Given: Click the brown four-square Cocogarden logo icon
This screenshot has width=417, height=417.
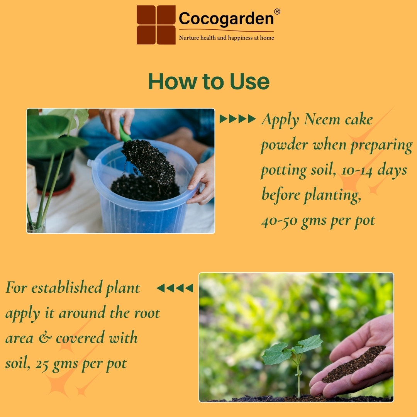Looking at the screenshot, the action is tap(156, 25).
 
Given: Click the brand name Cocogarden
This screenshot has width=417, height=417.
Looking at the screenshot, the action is tap(226, 19).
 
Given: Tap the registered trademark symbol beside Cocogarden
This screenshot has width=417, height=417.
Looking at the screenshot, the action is tap(277, 12).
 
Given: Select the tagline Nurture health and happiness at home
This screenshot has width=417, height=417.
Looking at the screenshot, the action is tap(227, 38).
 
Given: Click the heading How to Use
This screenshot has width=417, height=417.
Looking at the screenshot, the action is tap(209, 81).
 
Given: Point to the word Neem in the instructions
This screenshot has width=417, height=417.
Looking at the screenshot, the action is tap(322, 119).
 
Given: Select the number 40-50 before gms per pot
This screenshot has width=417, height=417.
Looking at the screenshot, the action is tap(279, 221).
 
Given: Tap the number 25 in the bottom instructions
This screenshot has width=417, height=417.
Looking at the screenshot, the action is tap(42, 364).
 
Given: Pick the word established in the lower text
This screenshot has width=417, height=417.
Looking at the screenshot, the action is tap(67, 288).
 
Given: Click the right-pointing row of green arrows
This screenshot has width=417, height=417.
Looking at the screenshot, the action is tap(237, 119).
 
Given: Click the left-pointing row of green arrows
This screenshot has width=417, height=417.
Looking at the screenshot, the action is tap(175, 288).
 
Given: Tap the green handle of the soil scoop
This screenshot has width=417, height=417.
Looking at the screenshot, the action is tap(124, 134).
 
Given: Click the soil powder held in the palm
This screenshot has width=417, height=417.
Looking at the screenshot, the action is tap(354, 364).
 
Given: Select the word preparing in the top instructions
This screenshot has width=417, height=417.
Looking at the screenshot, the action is tap(381, 145).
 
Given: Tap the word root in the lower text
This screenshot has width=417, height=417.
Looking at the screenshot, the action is tap(147, 313).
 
